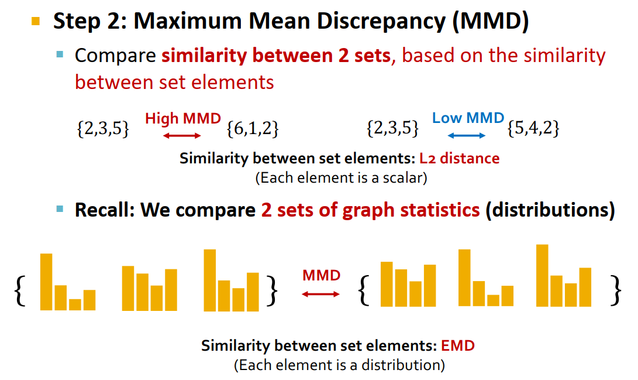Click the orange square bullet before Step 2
36,22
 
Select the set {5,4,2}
533,128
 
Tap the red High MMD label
183,118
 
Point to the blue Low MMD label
468,118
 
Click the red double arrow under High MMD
181,136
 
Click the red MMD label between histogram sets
321,275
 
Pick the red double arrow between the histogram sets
320,294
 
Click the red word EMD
458,345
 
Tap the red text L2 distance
459,158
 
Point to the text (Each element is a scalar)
341,177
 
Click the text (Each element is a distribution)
339,365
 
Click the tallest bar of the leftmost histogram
46,282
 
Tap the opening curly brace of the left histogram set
20,292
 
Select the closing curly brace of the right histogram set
615,290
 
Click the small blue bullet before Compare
60,56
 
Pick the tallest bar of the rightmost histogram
542,275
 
